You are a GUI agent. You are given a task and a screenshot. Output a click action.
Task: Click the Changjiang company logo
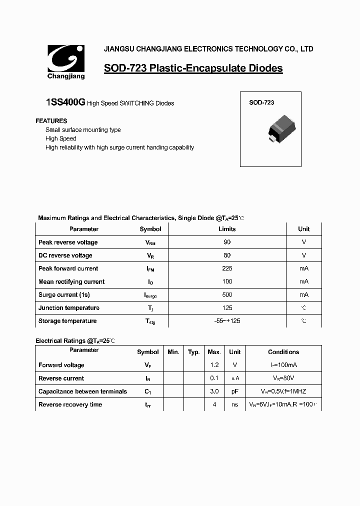66,61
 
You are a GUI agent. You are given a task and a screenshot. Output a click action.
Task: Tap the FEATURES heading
51,121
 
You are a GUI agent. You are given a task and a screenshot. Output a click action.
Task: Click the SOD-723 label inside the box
261,102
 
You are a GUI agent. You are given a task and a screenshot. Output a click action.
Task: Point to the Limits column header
227,229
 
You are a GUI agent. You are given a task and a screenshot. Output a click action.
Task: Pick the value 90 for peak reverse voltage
227,242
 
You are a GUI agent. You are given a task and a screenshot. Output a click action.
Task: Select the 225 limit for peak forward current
227,268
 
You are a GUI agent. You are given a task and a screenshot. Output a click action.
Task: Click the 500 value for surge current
227,295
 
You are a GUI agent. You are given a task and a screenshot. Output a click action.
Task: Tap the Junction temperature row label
68,308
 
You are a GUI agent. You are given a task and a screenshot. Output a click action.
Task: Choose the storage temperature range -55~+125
227,321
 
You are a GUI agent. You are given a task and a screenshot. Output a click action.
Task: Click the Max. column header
214,352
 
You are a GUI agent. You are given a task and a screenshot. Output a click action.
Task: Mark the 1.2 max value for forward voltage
214,365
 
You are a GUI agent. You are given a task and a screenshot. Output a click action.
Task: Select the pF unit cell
234,391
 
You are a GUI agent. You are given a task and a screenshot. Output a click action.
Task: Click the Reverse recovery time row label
70,404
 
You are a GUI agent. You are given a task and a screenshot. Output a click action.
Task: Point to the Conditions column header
283,352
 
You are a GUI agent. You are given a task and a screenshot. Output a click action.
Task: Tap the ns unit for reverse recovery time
234,404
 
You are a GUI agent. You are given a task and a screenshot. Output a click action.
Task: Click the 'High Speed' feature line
60,138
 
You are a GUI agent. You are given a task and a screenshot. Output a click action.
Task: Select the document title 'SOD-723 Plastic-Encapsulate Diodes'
193,68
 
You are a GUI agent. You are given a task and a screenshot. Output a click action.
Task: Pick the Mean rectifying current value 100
227,281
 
